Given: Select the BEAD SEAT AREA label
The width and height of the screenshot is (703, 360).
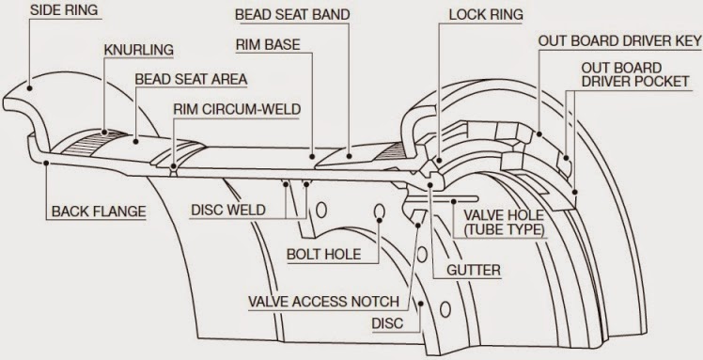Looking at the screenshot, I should (x=190, y=78).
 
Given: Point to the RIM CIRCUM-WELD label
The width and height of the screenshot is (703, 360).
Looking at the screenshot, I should (x=237, y=109).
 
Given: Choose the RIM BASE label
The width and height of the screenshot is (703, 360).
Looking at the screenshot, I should (x=268, y=45).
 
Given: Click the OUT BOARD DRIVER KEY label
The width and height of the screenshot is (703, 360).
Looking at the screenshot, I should (x=617, y=40).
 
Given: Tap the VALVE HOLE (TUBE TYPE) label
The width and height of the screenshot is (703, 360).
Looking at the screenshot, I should (x=499, y=221).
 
